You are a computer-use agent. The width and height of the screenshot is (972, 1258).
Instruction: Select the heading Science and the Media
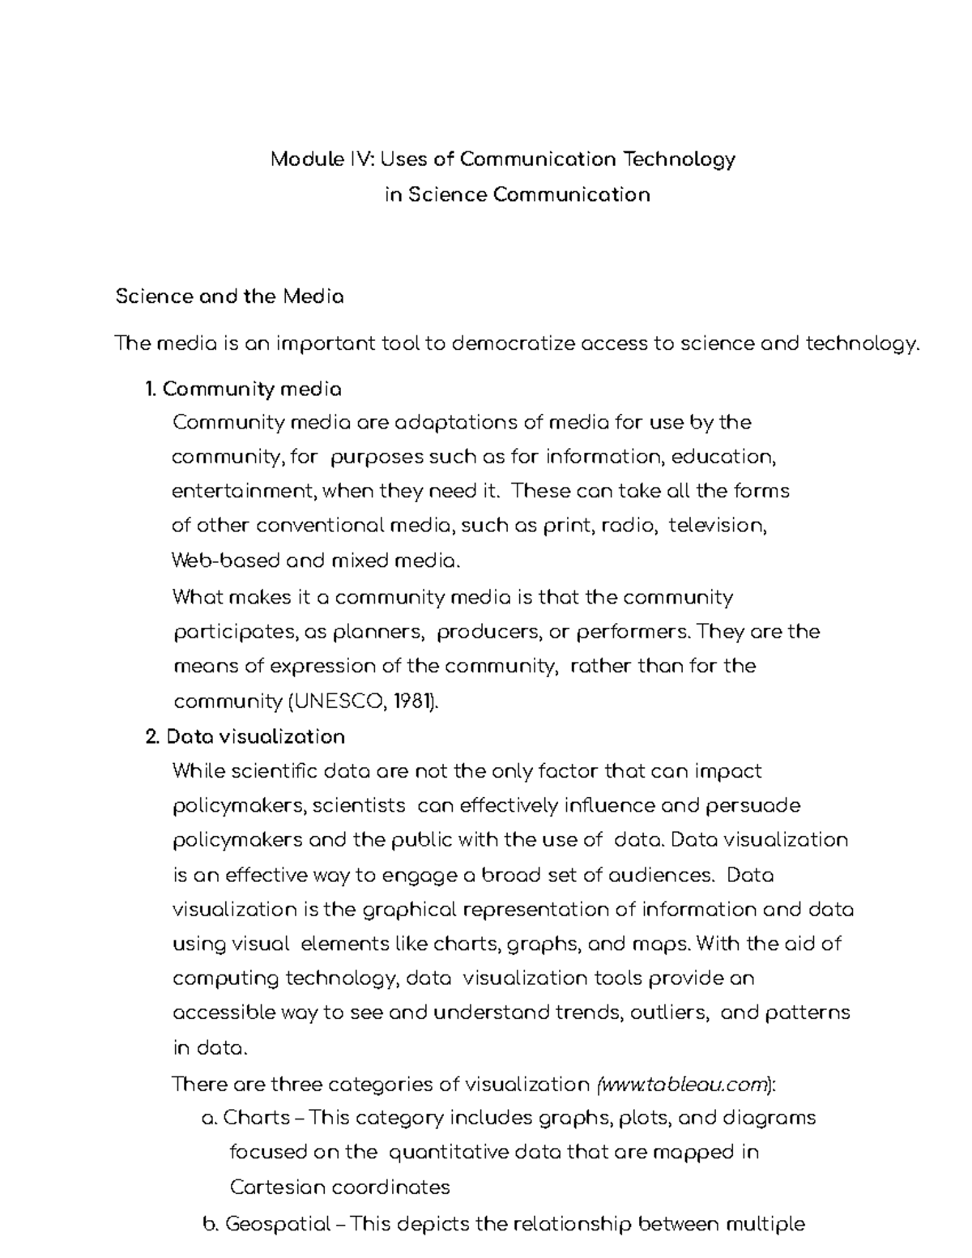229,296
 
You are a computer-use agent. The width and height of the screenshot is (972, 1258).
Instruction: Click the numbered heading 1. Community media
242,390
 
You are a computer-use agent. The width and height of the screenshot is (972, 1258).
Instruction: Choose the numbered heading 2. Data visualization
245,736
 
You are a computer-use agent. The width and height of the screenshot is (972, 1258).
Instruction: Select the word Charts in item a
256,1118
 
